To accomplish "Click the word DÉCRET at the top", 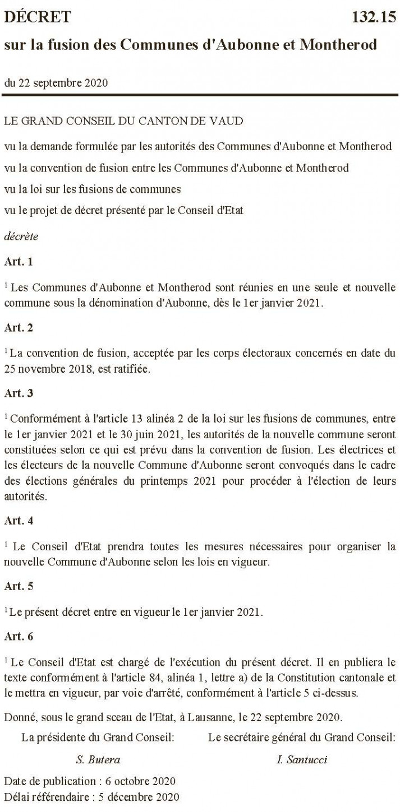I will pos(38,18).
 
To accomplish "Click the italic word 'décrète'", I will pos(21,236).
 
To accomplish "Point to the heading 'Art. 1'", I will pos(19,262).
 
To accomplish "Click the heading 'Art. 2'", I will pos(19,328).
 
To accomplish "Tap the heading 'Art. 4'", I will pos(19,520).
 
